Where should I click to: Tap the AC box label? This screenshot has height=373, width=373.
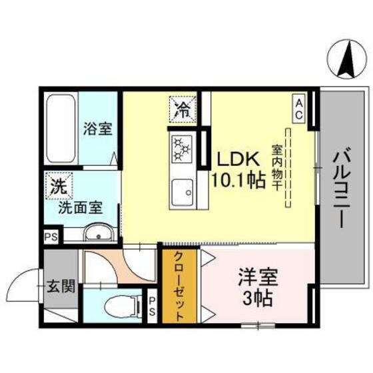click(300, 109)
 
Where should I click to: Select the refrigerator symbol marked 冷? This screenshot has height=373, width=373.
click(181, 109)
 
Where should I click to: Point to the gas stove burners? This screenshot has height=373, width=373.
click(181, 149)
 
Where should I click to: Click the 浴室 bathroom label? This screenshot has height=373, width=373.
click(97, 129)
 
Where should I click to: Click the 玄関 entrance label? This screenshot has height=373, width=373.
click(60, 287)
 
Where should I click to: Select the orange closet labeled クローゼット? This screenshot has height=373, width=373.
click(179, 286)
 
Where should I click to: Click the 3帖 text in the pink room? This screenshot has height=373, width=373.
click(256, 298)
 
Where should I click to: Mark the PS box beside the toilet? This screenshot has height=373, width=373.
click(151, 307)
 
